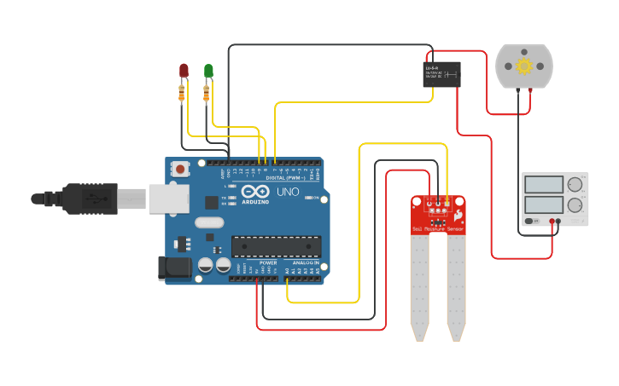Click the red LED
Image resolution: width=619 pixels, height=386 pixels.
[x=183, y=70]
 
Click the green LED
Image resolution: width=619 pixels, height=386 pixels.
[x=207, y=70]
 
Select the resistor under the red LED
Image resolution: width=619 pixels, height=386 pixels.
[x=182, y=92]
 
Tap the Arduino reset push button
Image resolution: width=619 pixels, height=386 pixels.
[x=180, y=169]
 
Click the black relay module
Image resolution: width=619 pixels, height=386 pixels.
[x=441, y=74]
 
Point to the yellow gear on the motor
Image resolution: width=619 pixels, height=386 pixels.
[x=523, y=66]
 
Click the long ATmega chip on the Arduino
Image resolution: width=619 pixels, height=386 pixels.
[x=276, y=246]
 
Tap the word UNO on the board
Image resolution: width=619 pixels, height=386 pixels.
[x=287, y=193]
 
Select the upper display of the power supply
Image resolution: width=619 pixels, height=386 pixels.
[x=544, y=184]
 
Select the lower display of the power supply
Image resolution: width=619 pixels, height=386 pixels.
[x=544, y=205]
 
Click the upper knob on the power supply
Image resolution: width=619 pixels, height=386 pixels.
[x=575, y=184]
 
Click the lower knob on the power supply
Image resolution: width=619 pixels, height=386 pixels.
[x=575, y=205]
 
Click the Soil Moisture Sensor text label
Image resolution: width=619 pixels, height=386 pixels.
[x=438, y=229]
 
